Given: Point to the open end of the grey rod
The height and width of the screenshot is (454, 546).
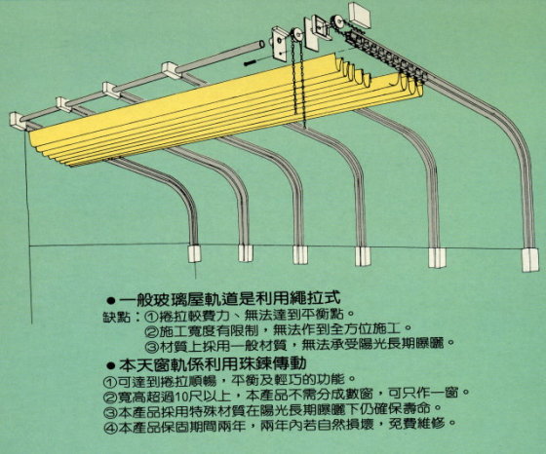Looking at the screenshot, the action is tap(261, 45).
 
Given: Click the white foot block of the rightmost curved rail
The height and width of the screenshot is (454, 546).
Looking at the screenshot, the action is tap(530, 260).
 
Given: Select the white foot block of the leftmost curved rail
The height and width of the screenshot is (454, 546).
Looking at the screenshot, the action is tap(194, 254).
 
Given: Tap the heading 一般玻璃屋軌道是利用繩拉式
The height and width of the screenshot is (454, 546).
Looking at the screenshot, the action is tap(230, 298).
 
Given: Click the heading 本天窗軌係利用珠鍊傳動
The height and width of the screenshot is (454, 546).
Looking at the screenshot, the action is tap(213, 364).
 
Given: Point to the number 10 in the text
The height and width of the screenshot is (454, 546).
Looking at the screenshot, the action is tap(182, 397).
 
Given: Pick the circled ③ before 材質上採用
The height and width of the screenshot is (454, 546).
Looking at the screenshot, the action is tap(151, 346).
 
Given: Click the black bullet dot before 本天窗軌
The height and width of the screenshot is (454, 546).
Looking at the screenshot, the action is tap(111, 365).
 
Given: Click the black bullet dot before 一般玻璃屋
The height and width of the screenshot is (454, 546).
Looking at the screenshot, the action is tap(111, 300).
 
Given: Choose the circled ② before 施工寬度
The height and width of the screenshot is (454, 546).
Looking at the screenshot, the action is tap(151, 331).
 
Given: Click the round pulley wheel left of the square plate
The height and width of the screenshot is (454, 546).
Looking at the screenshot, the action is tap(296, 35).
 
